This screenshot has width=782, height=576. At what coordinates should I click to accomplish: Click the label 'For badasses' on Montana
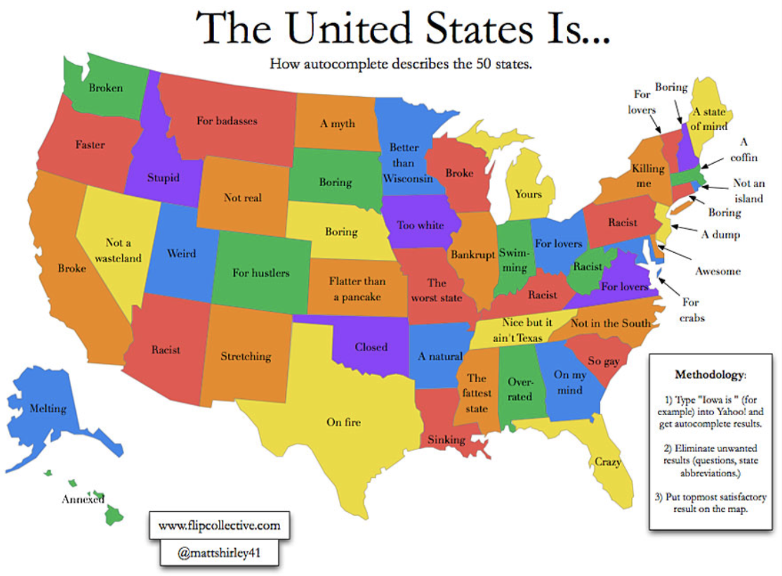click(x=227, y=121)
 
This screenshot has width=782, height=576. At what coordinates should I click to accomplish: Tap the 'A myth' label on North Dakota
click(x=338, y=124)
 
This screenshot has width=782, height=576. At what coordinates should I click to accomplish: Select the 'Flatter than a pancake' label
click(x=357, y=289)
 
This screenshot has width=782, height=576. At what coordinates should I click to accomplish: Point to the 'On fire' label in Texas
click(x=344, y=422)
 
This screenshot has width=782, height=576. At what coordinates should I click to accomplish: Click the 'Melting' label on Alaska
click(x=48, y=408)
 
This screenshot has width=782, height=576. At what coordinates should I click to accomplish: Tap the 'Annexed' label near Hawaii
click(x=83, y=499)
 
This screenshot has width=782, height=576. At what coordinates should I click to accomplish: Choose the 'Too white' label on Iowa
click(x=420, y=225)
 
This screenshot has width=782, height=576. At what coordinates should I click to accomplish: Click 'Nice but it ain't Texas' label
click(x=522, y=329)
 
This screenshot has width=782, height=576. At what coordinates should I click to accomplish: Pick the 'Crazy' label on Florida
click(x=608, y=462)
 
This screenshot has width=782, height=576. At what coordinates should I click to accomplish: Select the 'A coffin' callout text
click(x=743, y=149)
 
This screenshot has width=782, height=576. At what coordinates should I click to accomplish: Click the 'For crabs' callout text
click(x=691, y=310)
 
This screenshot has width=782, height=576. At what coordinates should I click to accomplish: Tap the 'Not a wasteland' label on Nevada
click(x=118, y=250)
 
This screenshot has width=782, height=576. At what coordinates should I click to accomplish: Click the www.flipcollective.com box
click(x=219, y=525)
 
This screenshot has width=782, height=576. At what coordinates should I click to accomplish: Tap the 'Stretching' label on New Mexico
click(x=246, y=356)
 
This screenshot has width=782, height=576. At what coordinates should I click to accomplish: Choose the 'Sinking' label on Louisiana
click(x=446, y=440)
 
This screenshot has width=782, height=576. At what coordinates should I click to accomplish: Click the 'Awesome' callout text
click(x=718, y=271)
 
